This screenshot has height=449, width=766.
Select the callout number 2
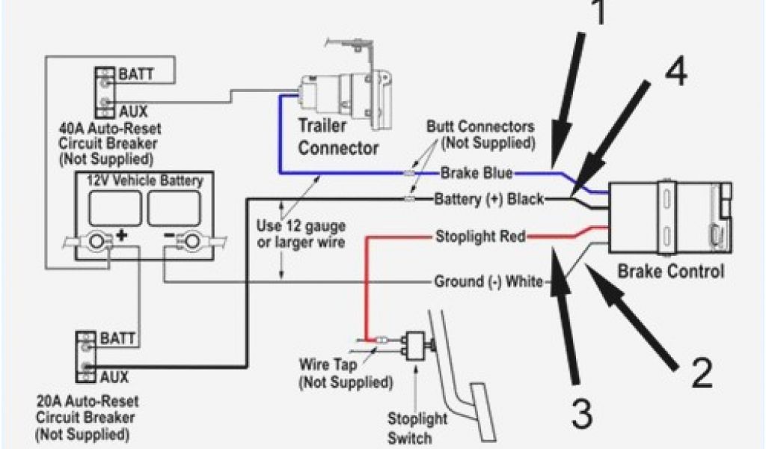(x=701, y=372)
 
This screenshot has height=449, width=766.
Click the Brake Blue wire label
(x=476, y=174)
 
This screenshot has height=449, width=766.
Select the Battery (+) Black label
(x=490, y=199)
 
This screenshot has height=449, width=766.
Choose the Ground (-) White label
(x=489, y=282)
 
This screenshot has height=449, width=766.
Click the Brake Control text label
(x=670, y=271)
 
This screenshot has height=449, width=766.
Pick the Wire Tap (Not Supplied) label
(x=345, y=375)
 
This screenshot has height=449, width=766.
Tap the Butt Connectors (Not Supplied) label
(x=479, y=133)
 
